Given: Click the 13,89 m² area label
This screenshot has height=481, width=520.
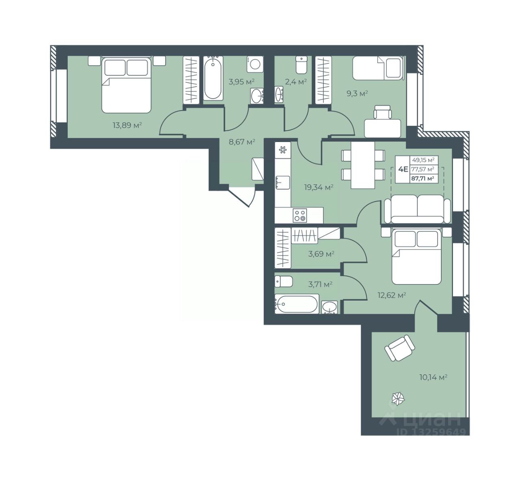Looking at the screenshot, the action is pyautogui.click(x=127, y=125).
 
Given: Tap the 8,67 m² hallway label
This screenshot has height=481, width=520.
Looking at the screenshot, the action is pyautogui.click(x=242, y=142).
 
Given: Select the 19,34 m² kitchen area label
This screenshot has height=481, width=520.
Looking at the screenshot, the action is pyautogui.click(x=318, y=187).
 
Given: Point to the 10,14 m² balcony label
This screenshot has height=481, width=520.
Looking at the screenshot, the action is pyautogui.click(x=433, y=377).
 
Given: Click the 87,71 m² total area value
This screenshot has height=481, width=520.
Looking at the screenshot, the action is pyautogui.click(x=423, y=179).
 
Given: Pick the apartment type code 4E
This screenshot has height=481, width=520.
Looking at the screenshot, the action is pyautogui.click(x=403, y=169).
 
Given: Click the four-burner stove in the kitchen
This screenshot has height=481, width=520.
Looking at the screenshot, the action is pyautogui.click(x=300, y=215).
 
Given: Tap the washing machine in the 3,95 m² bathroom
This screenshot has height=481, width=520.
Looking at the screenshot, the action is pyautogui.click(x=255, y=64).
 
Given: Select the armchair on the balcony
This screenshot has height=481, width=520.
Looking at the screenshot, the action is pyautogui.click(x=400, y=348).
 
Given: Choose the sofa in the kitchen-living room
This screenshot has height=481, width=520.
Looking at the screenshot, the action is pyautogui.click(x=417, y=209).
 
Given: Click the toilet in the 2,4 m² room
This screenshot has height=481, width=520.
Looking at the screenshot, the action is pyautogui.click(x=301, y=65).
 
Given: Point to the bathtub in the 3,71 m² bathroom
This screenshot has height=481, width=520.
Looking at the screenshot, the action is pyautogui.click(x=297, y=304).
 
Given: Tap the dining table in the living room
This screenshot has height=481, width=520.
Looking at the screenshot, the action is pyautogui.click(x=363, y=165).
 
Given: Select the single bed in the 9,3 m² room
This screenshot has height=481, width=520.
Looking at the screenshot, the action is pyautogui.click(x=377, y=68).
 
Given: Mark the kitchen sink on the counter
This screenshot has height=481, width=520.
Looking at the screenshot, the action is pyautogui.click(x=283, y=183).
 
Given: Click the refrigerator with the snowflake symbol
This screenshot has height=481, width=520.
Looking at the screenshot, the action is pyautogui.click(x=283, y=150).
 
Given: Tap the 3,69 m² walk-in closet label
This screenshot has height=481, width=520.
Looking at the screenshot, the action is pyautogui.click(x=321, y=254).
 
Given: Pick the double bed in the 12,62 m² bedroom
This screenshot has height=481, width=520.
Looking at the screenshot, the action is pyautogui.click(x=416, y=256).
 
